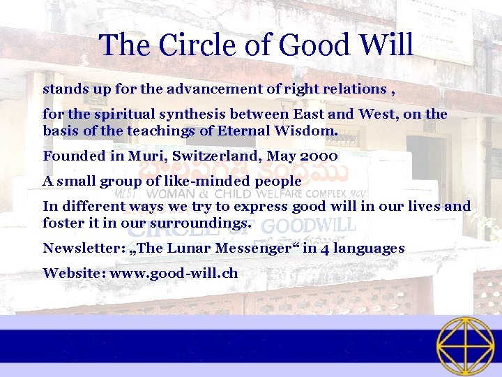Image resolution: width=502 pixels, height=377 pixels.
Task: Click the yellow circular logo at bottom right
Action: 465,346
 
